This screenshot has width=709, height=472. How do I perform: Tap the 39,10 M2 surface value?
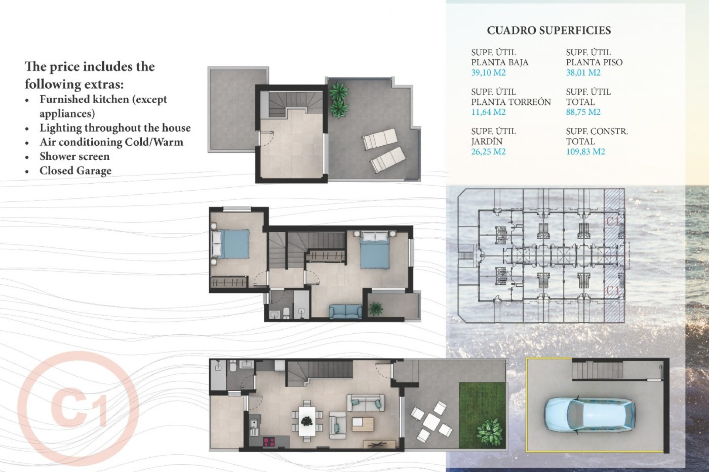click(488, 73)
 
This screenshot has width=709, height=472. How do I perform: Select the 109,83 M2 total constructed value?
click(585, 152)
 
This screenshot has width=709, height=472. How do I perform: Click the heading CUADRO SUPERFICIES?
click(549, 30)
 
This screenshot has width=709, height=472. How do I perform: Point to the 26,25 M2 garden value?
click(488, 152)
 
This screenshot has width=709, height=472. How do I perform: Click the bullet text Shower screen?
click(75, 156)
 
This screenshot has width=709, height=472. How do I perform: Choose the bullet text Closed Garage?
click(75, 171)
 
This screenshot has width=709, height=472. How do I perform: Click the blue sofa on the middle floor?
click(346, 312)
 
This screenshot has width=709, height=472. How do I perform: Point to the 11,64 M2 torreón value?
click(488, 112)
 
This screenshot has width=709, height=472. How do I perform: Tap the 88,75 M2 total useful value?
click(583, 112)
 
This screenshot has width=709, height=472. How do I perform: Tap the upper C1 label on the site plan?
click(613, 221)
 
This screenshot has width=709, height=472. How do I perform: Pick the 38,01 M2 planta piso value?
click(583, 73)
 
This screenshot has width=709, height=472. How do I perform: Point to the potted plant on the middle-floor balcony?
click(376, 308)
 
